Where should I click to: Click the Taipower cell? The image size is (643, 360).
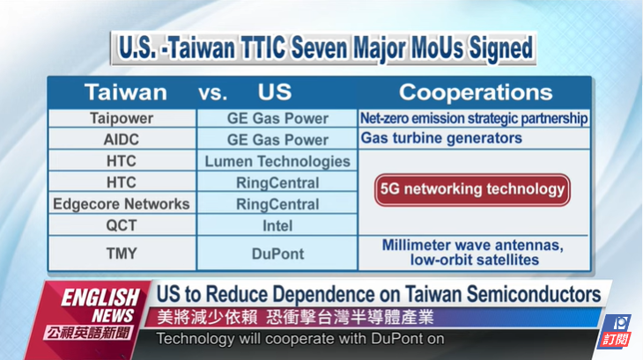coord(122,118)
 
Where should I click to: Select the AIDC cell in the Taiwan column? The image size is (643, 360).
coord(122,139)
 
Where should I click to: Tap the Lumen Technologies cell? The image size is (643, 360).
coord(277,161)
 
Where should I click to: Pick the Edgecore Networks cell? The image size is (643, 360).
coord(122,203)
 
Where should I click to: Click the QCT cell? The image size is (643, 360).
coord(122,224)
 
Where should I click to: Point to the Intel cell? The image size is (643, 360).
coord(277,225)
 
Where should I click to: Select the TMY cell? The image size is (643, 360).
coord(122,253)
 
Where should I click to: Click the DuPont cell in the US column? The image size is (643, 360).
coord(277,253)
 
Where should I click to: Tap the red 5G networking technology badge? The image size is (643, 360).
coord(472,189)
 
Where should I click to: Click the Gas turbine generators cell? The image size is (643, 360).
coord(474,138)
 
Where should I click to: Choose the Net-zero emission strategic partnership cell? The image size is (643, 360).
coord(474,118)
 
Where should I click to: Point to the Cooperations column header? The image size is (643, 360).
coord(476,92)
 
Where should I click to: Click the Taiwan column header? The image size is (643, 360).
coord(125,92)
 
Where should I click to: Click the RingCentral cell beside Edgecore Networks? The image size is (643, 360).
coord(277,204)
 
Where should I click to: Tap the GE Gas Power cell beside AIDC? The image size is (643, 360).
coord(277,140)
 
